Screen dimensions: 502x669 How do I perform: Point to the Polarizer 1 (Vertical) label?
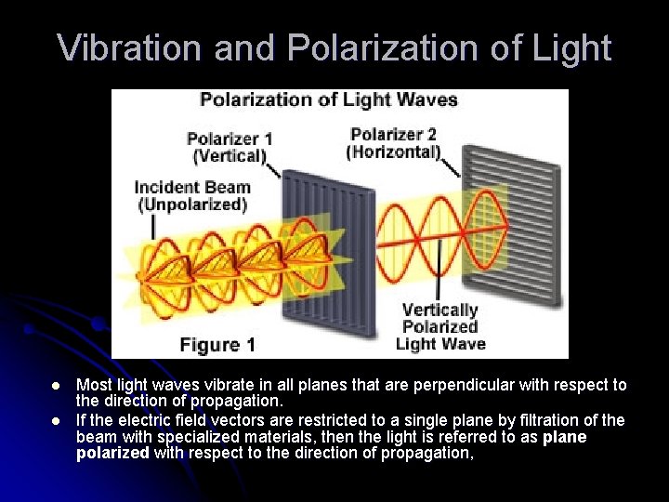tap(230, 147)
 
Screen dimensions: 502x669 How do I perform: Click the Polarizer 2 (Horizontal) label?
tap(393, 142)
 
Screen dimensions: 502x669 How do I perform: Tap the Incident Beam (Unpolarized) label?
tap(192, 195)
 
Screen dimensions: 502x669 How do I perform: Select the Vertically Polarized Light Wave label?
tap(439, 326)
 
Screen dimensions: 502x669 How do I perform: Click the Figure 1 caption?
tap(217, 345)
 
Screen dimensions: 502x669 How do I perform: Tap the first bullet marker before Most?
tap(56, 386)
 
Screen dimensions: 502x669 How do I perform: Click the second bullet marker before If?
tap(56, 421)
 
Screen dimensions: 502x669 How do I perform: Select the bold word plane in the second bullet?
tap(565, 437)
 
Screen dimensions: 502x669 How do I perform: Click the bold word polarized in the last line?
tap(112, 454)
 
